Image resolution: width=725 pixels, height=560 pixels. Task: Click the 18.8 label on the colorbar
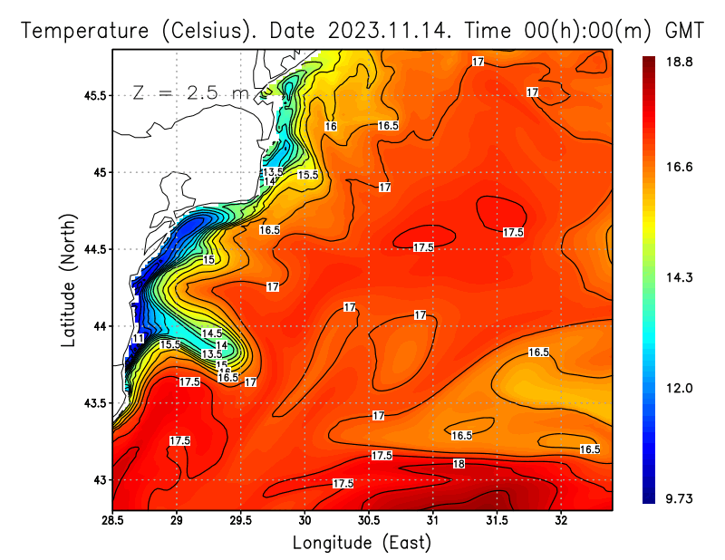click(681, 62)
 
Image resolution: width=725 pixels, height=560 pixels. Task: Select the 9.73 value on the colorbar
click(681, 497)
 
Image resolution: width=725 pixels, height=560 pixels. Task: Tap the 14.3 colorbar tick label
click(681, 277)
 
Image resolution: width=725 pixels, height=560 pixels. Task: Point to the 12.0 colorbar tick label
click(681, 388)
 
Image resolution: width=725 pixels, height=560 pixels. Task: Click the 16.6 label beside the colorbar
click(681, 168)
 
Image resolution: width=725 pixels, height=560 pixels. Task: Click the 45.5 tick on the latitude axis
click(93, 95)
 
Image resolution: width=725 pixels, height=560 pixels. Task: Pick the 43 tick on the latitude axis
click(100, 479)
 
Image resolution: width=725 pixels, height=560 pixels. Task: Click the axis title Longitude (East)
click(362, 543)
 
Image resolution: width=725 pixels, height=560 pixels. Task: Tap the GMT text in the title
click(685, 30)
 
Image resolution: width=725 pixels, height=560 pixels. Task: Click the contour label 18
click(459, 464)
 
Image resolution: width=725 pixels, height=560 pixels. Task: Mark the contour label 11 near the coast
click(139, 338)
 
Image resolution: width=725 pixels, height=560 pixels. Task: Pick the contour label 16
click(331, 127)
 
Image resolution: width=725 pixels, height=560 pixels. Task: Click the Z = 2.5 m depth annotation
click(181, 92)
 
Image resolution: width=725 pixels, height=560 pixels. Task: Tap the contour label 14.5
click(211, 334)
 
